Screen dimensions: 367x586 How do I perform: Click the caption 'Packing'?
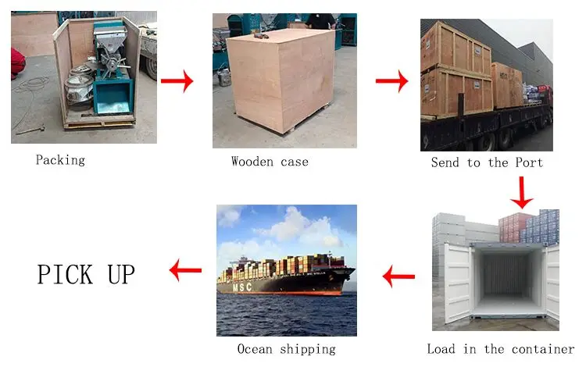click(60, 160)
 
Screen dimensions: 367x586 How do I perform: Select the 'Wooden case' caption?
click(270, 162)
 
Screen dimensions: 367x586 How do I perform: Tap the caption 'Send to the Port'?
click(487, 162)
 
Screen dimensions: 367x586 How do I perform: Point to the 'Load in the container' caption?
click(500, 349)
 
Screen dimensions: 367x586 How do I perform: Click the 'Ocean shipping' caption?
click(286, 349)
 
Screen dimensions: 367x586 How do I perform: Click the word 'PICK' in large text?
click(65, 274)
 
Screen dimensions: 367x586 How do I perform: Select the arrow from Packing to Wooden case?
click(177, 80)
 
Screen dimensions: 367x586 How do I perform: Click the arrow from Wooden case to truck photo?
click(391, 80)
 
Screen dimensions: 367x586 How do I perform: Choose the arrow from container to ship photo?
click(398, 275)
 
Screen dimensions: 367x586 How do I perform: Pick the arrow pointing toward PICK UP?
click(185, 272)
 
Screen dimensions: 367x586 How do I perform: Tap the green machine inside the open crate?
click(113, 74)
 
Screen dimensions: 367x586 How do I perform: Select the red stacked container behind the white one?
click(515, 226)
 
